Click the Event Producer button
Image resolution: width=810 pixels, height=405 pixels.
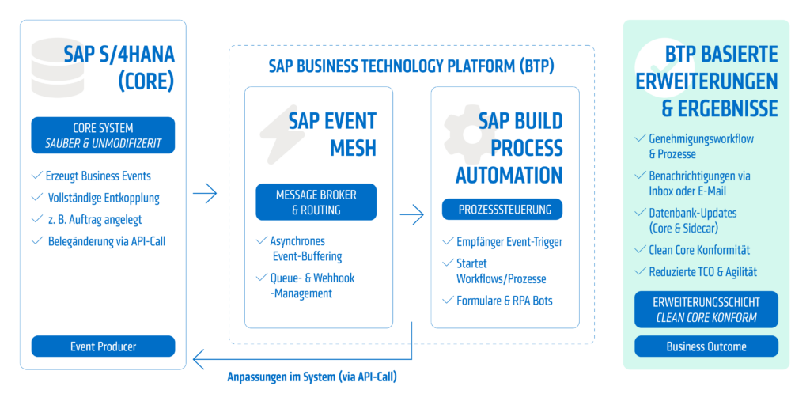(104, 346)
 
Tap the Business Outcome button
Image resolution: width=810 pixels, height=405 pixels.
(706, 346)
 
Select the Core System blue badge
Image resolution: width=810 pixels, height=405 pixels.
(104, 135)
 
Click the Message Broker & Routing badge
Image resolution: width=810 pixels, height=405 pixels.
(316, 202)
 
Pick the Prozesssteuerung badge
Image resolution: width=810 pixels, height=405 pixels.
(502, 209)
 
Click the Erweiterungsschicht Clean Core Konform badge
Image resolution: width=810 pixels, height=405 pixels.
(706, 309)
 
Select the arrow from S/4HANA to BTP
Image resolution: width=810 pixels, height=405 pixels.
(205, 195)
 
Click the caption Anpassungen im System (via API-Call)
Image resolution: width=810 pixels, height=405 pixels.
(312, 377)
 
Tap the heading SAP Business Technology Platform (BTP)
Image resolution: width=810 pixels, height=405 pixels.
(411, 66)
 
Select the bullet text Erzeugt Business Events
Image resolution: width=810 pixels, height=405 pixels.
(98, 176)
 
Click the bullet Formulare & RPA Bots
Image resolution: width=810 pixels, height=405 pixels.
(505, 300)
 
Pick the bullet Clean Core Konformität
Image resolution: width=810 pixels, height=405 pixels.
(699, 250)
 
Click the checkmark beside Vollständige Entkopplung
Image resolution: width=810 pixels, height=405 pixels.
(36, 197)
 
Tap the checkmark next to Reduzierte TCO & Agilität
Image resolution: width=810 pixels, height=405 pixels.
(641, 271)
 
